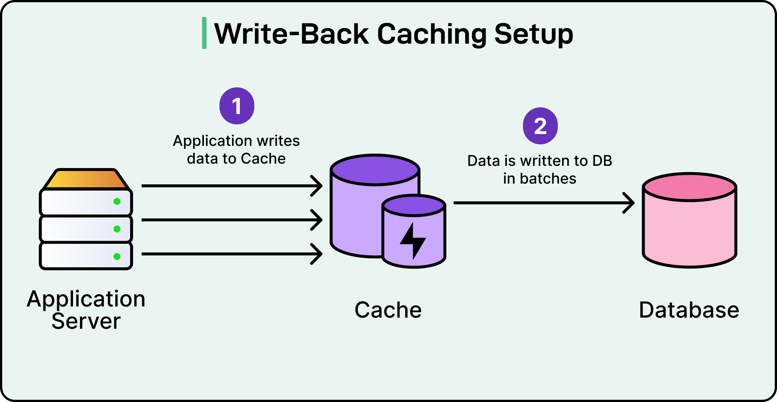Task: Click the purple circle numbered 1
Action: click(237, 106)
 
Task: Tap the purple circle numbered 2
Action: click(540, 126)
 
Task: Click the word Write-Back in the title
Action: click(291, 34)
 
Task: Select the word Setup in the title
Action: click(533, 34)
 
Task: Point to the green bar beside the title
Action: click(204, 33)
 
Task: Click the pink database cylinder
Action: click(689, 230)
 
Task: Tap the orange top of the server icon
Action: click(86, 179)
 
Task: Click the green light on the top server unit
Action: click(117, 201)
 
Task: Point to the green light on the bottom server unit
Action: click(117, 257)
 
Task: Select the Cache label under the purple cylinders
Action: click(388, 310)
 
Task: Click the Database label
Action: click(689, 310)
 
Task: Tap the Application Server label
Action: click(86, 309)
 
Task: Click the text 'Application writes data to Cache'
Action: click(236, 150)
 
